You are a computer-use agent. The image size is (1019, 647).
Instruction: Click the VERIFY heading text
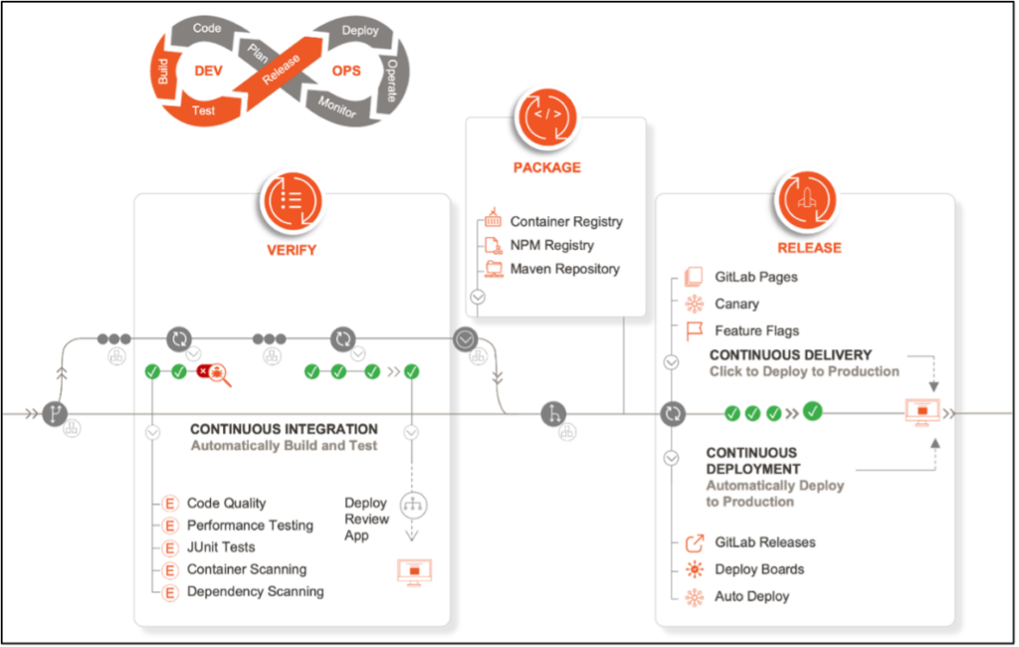291,250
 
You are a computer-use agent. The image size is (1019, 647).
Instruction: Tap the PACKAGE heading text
547,168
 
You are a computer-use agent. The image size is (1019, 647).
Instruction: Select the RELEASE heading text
809,248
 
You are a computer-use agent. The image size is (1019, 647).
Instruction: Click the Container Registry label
566,222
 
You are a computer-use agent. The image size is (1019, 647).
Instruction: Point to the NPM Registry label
551,245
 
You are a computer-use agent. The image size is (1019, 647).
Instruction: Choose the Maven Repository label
564,269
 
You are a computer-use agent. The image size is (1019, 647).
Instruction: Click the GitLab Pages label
756,277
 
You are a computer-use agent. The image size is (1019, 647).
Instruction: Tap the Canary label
736,304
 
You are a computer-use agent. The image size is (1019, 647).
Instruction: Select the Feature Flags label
756,330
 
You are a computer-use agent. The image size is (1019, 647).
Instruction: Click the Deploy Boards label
759,569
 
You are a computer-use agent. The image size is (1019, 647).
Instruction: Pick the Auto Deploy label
751,596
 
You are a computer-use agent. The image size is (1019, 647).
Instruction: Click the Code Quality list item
227,504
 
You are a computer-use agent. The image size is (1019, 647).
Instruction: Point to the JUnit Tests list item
221,547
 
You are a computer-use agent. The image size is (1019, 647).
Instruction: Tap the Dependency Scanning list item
255,591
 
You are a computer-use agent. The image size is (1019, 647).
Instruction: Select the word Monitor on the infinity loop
337,106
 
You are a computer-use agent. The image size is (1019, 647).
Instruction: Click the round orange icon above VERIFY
291,199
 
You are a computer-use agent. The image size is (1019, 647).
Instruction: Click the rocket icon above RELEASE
808,197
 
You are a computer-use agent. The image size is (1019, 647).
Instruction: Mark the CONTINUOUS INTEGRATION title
284,429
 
